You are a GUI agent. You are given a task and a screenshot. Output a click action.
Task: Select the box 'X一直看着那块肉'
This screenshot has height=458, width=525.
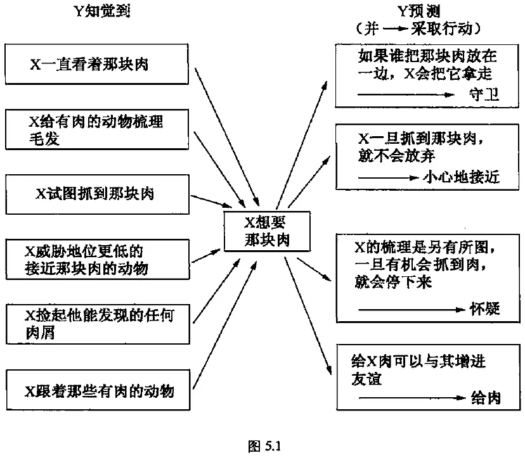tap(97, 63)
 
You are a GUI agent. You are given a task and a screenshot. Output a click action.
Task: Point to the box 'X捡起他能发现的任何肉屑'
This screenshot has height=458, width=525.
tap(97, 323)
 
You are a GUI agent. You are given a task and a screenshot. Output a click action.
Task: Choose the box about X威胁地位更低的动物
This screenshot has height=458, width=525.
tap(97, 258)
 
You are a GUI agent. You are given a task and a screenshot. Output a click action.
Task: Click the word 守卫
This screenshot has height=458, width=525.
tap(485, 96)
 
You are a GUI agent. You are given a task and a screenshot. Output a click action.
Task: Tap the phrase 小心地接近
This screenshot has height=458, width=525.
tap(460, 177)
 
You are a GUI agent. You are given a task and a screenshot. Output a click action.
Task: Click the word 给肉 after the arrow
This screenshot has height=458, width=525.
tap(486, 398)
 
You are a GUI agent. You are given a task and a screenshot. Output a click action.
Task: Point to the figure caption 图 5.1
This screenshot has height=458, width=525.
tap(262, 445)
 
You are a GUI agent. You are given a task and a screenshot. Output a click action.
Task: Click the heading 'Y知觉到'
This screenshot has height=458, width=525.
tap(101, 12)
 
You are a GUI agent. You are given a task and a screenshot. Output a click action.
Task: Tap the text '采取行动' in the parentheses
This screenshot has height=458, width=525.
tap(447, 29)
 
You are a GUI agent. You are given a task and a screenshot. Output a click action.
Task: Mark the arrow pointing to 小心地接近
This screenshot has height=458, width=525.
tap(387, 177)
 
